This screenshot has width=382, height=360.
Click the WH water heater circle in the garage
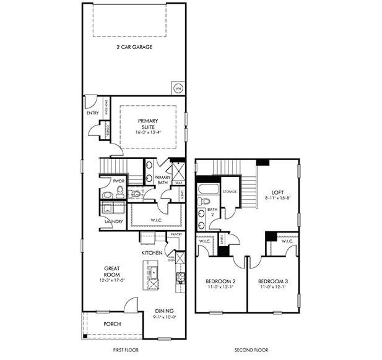click(x=177, y=87)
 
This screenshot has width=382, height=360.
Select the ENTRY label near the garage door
click(x=93, y=113)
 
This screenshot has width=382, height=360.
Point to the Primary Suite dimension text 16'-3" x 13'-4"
click(x=148, y=132)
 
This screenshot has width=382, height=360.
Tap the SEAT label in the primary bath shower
click(x=178, y=182)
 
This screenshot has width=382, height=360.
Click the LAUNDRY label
click(x=113, y=221)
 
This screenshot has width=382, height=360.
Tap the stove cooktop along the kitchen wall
click(x=180, y=276)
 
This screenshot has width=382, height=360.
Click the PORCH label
click(x=112, y=324)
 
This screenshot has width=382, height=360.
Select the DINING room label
click(x=164, y=311)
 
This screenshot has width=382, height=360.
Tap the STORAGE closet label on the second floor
click(x=230, y=192)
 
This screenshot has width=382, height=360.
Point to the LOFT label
click(x=276, y=192)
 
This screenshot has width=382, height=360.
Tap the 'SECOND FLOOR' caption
click(x=251, y=350)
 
